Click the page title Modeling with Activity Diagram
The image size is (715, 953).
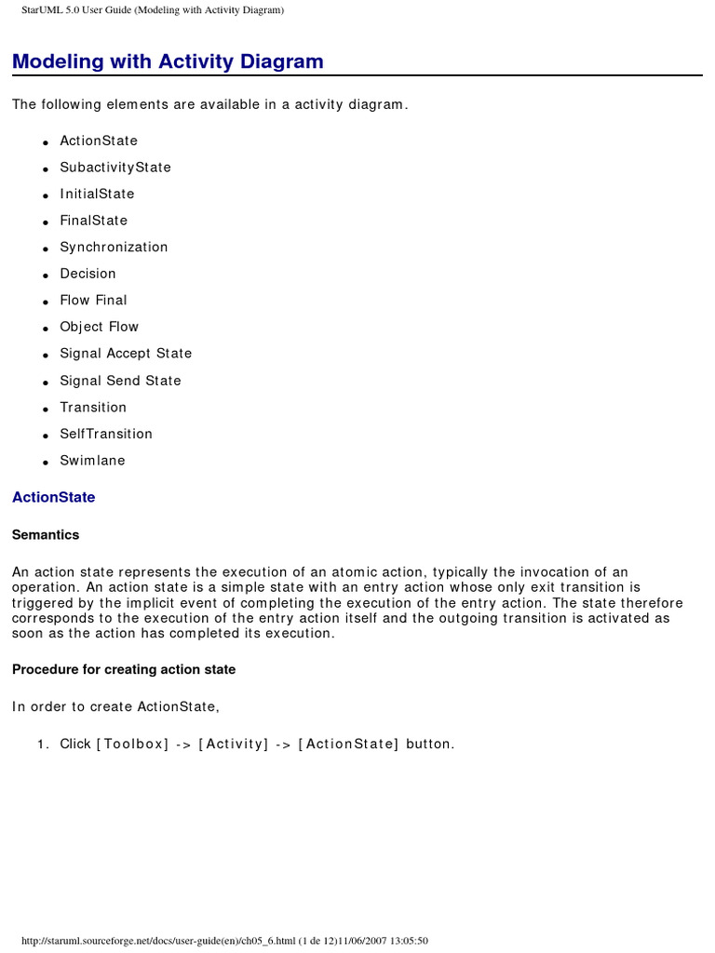point(168,61)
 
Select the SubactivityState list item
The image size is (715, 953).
point(115,168)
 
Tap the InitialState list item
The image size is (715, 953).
point(97,194)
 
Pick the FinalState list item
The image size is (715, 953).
point(93,221)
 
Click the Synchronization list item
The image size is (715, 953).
point(114,247)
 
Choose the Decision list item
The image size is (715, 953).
point(88,274)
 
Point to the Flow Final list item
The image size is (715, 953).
point(93,300)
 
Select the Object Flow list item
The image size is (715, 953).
point(99,327)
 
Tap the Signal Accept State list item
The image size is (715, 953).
point(126,354)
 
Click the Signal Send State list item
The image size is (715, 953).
point(120,381)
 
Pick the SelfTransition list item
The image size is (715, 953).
point(106,434)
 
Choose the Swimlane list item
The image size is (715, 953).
point(92,461)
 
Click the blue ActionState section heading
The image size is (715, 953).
point(53,497)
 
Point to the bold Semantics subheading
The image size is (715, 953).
point(46,535)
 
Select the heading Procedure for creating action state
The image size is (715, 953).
point(124,669)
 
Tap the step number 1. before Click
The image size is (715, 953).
point(43,744)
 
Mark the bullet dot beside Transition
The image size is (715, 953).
point(45,409)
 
